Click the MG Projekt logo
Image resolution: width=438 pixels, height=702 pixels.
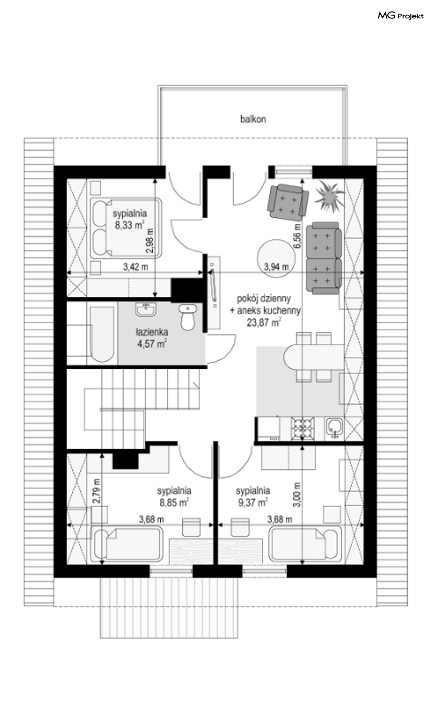click(x=401, y=16)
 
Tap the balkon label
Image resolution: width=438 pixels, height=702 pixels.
click(x=253, y=119)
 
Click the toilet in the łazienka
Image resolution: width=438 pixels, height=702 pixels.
click(x=188, y=317)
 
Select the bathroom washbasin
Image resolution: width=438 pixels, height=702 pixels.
click(x=146, y=309)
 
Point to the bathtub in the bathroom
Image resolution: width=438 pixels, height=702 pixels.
click(x=102, y=334)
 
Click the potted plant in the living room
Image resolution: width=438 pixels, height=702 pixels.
click(x=328, y=195)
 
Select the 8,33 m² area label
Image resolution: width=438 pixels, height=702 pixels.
click(x=129, y=225)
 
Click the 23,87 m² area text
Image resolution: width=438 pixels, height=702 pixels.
click(x=264, y=322)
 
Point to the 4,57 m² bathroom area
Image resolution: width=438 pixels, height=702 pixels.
click(x=152, y=344)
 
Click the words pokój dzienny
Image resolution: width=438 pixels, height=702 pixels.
click(x=264, y=298)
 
